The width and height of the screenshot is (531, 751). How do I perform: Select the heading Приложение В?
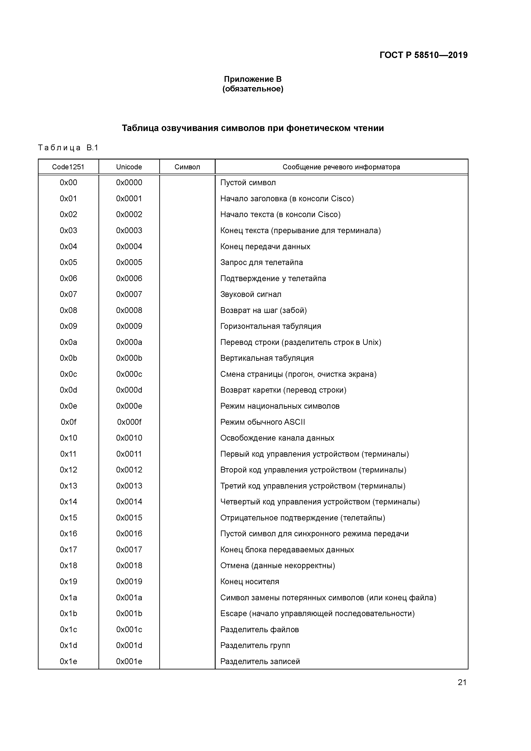(253, 79)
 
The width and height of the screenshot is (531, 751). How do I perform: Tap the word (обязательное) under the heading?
(253, 89)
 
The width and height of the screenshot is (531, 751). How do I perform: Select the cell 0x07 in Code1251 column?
(68, 294)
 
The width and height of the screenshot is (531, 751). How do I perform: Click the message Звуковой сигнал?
(251, 294)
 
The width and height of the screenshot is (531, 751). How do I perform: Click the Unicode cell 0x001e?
(129, 661)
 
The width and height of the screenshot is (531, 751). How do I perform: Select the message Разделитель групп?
(255, 645)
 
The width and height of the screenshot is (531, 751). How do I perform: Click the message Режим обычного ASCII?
(262, 422)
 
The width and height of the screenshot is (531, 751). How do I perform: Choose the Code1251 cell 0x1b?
(68, 614)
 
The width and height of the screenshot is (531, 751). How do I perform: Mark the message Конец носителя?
(250, 582)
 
